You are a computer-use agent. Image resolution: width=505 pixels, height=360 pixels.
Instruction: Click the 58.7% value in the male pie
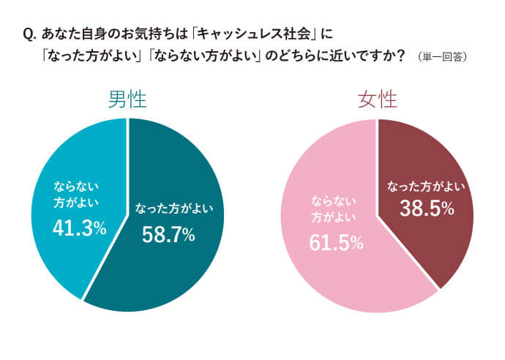168,234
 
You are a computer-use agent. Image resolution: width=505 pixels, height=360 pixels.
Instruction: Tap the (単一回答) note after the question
444,56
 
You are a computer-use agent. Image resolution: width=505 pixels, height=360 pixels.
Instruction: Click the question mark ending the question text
401,56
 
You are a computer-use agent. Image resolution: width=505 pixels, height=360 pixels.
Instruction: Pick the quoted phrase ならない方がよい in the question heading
198,56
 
